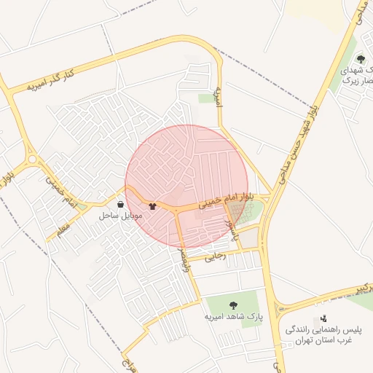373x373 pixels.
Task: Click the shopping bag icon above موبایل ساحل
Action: (120, 205)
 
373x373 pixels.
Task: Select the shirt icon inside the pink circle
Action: (152, 205)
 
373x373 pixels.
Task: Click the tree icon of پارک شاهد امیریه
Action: (233, 305)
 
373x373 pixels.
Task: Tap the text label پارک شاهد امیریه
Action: (233, 317)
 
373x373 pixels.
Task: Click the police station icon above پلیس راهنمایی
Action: (323, 318)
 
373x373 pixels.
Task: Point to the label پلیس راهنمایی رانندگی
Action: (318, 330)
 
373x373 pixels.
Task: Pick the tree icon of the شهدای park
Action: (360, 59)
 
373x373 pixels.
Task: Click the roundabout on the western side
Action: (31, 158)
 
